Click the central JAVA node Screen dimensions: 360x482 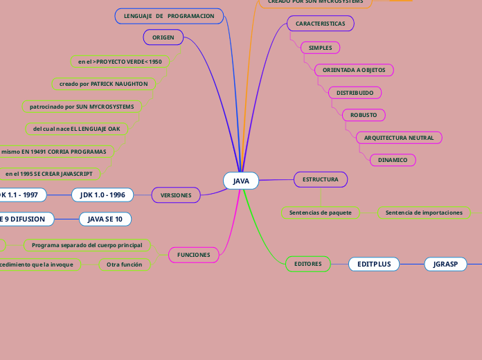coord(241,181)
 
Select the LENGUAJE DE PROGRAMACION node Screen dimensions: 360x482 coord(169,16)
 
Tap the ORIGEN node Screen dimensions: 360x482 coord(163,36)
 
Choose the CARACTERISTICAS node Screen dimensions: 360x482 coord(320,24)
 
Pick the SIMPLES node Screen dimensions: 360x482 coord(320,48)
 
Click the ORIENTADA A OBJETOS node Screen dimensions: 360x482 coord(353,70)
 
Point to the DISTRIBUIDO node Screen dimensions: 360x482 coord(355,92)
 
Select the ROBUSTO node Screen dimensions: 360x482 coord(364,114)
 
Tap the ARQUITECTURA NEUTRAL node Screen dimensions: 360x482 coord(399,138)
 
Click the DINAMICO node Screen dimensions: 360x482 coord(393,160)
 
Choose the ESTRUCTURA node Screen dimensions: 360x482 coord(320,179)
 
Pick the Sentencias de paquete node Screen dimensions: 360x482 coord(321,213)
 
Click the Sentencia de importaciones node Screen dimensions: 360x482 coord(424,213)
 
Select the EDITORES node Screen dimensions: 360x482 coord(307,264)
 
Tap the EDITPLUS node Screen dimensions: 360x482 coord(374,264)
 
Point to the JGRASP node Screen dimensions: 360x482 coord(445,264)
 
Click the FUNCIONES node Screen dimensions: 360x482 coord(193,255)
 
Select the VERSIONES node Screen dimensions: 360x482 coord(176,195)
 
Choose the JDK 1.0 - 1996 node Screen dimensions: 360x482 coord(102,195)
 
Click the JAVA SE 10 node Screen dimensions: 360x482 coord(105,219)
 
